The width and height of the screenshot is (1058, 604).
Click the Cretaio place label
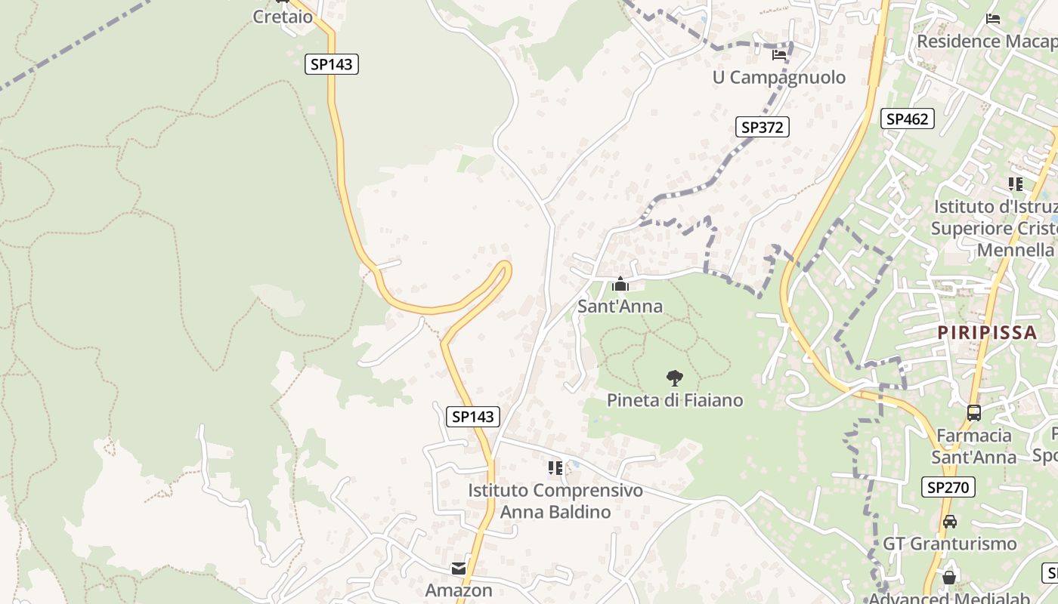(283, 17)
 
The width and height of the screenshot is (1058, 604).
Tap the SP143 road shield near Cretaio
(332, 64)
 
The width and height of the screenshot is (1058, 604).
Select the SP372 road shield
(762, 127)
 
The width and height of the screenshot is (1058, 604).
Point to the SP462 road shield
(907, 119)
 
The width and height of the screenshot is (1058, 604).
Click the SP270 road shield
(948, 487)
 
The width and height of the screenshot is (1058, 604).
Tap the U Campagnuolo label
(778, 77)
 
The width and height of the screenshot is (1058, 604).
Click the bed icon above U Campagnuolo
(778, 54)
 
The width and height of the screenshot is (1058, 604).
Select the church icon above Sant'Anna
(620, 285)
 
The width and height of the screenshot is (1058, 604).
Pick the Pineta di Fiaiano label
(675, 400)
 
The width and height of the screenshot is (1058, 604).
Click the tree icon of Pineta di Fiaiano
(674, 378)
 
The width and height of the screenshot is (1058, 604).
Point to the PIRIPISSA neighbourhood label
(986, 332)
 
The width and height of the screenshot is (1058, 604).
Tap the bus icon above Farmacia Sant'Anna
(973, 413)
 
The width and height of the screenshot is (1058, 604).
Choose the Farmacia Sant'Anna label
(973, 446)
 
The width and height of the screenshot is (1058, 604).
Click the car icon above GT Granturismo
(949, 521)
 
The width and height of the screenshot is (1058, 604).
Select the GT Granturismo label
(949, 544)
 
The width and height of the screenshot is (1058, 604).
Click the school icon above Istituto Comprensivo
(555, 468)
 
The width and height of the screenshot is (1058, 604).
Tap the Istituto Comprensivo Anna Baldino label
(555, 501)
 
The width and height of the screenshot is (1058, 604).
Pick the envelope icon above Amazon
(459, 569)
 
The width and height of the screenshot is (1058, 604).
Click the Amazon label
(459, 590)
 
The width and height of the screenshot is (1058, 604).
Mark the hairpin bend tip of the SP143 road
(506, 267)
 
